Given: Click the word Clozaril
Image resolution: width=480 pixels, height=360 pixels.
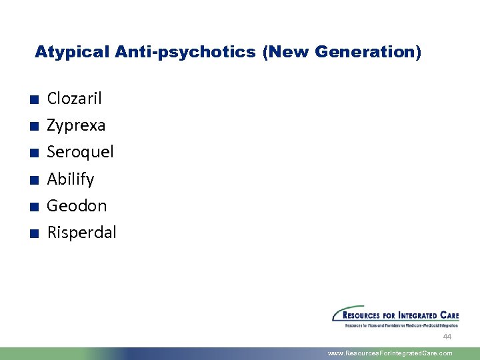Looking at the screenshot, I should (x=74, y=99).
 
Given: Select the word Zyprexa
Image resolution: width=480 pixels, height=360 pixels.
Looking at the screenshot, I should (x=76, y=125).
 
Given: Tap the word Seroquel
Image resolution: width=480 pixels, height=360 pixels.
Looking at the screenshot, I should (x=80, y=152).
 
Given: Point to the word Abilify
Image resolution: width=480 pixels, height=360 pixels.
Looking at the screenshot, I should (x=71, y=179).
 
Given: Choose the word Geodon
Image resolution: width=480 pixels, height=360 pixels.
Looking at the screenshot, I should (x=77, y=205).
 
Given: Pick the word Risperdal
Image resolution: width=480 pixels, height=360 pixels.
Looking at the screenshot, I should (x=81, y=232).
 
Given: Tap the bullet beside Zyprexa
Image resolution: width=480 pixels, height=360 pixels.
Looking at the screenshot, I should (x=33, y=127).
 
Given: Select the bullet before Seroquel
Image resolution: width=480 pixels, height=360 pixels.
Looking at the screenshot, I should (x=33, y=153).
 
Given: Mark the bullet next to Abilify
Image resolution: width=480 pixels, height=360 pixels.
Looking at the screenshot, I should (x=33, y=180).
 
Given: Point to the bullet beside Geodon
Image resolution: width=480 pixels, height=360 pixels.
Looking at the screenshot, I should (x=33, y=207).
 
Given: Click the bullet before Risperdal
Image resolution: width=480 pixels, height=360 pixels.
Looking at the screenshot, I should (x=33, y=233).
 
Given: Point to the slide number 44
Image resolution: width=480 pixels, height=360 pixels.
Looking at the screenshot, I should (x=447, y=337).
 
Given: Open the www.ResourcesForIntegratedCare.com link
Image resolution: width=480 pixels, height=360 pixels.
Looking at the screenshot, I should (x=390, y=353).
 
